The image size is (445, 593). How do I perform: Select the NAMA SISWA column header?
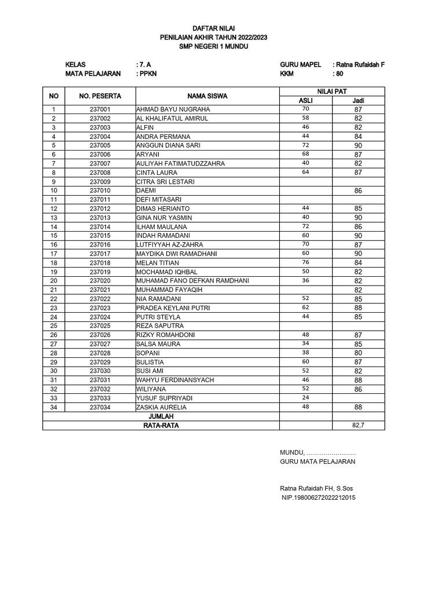(207, 96)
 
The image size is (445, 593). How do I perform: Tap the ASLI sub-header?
(305, 101)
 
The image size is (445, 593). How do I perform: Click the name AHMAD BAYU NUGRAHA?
(173, 109)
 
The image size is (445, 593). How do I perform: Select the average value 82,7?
(359, 426)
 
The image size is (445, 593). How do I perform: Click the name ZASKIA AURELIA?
(162, 408)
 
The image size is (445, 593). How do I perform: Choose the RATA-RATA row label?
(161, 426)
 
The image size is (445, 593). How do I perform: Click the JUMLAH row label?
(161, 416)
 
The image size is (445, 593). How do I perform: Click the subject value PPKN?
(146, 74)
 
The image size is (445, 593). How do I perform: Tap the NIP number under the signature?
(319, 497)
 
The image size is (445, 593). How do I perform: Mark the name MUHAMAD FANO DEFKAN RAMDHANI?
(192, 281)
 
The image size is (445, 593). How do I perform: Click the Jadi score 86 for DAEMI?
(358, 190)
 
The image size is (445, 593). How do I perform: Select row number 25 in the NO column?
(54, 326)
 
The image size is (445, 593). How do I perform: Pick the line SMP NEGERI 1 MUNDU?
(213, 46)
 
